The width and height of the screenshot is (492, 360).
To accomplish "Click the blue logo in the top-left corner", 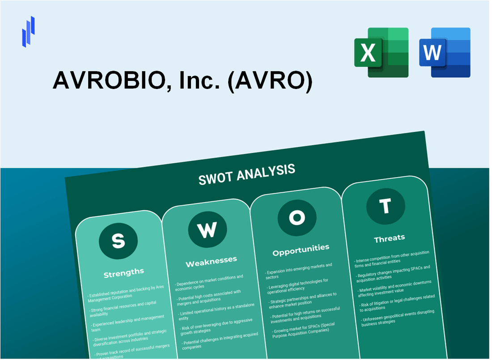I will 28,31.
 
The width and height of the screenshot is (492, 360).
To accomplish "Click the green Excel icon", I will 381,52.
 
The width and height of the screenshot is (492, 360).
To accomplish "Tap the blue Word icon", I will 445,52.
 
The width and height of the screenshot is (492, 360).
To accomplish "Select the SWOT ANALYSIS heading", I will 246,174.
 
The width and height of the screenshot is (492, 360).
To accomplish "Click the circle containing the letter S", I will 118,241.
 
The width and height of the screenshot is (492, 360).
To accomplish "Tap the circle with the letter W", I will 207,229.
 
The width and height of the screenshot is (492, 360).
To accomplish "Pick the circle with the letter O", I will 297,218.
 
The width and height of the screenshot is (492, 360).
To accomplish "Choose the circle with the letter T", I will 385,206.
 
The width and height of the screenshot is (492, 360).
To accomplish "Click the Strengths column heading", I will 124,272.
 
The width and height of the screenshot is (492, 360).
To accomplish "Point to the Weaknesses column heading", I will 211,260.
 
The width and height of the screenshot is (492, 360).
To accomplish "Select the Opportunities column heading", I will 301,249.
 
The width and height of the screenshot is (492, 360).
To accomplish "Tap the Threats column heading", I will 389,238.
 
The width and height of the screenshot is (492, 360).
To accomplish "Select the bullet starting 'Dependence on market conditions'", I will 210,283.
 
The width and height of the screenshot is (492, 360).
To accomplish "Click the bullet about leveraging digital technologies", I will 298,284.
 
